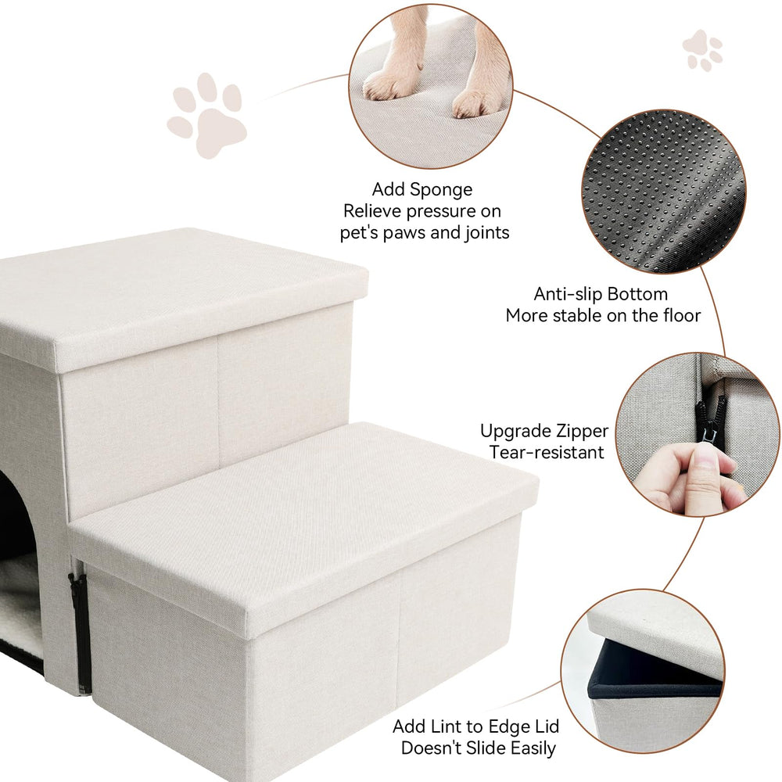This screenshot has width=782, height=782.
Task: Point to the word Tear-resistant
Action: click(547, 452)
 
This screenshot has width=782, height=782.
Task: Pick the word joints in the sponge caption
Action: click(487, 233)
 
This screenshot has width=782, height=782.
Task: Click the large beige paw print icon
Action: click(206, 115)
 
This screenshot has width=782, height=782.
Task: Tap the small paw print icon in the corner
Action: click(703, 50)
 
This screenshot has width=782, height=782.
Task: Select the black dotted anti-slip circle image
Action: click(664, 192)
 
